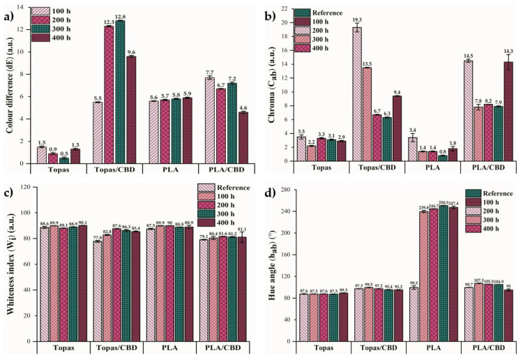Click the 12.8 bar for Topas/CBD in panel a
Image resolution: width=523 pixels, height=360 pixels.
pyautogui.click(x=121, y=91)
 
